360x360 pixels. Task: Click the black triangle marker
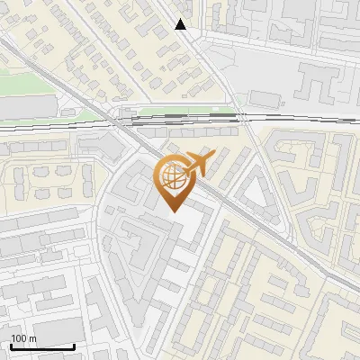point(181,24)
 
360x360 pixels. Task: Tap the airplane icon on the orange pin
point(196,165)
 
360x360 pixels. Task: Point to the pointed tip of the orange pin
point(174,211)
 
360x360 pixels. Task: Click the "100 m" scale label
point(23,338)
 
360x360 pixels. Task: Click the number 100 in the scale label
point(19,338)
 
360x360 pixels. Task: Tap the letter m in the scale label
point(32,338)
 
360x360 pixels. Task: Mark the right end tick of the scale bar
point(74,345)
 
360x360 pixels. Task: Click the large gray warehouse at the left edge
point(18,108)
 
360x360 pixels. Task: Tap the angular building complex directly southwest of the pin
point(135,238)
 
